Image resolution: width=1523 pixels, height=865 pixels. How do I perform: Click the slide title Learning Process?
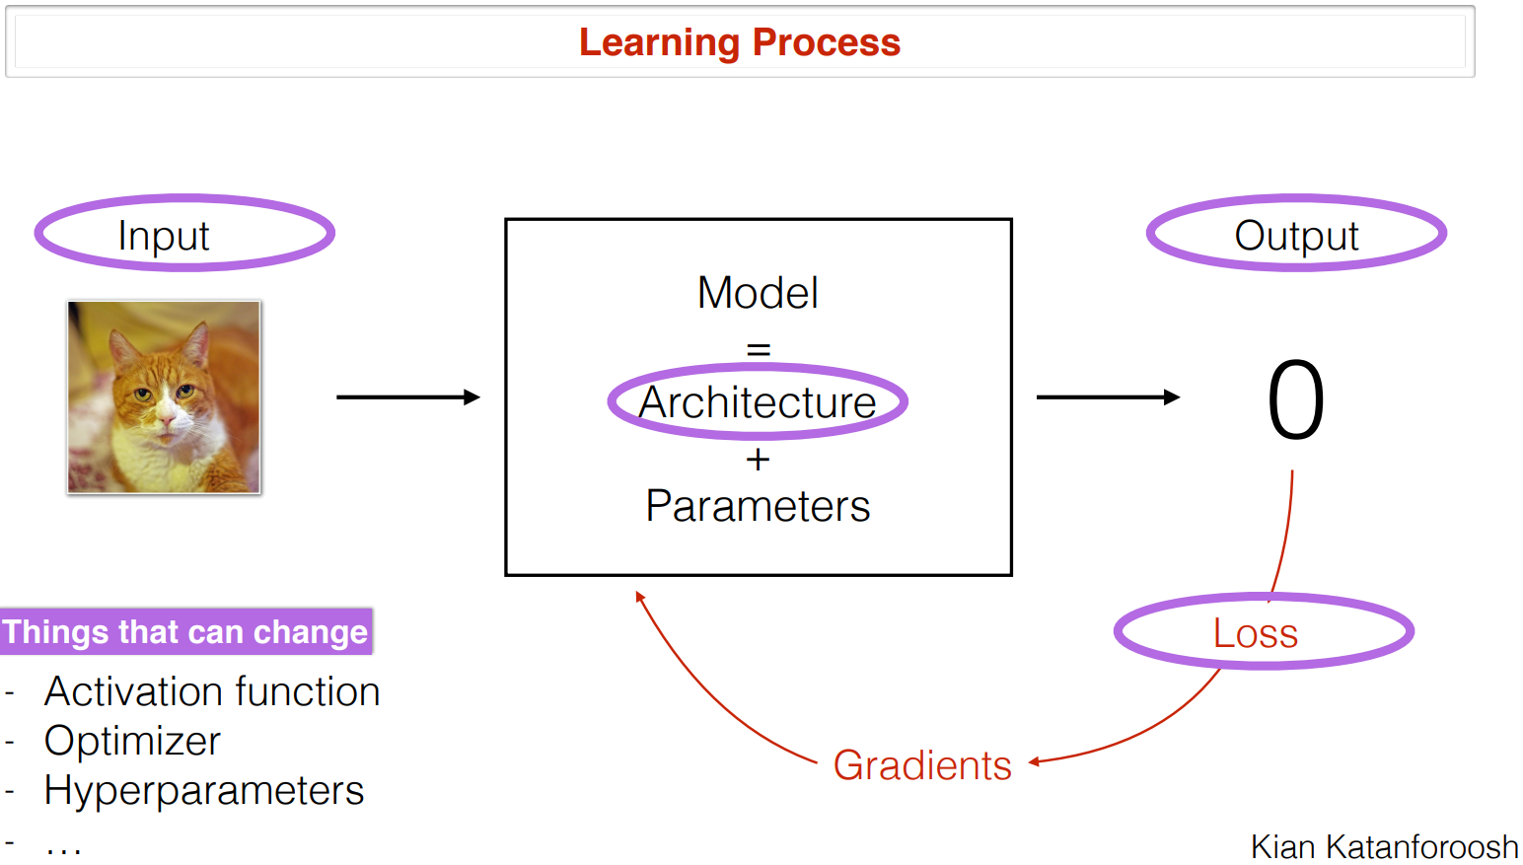pyautogui.click(x=739, y=42)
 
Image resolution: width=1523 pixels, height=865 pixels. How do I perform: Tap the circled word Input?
pyautogui.click(x=164, y=236)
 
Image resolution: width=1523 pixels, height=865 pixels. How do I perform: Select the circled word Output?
pyautogui.click(x=1296, y=236)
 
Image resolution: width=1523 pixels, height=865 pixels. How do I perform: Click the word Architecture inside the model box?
pyautogui.click(x=758, y=402)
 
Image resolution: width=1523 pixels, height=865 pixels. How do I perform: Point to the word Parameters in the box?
pyautogui.click(x=758, y=506)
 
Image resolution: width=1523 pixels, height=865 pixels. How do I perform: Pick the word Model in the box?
pyautogui.click(x=758, y=293)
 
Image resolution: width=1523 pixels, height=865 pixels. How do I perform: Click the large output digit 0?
pyautogui.click(x=1295, y=400)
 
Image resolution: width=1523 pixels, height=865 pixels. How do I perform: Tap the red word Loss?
pyautogui.click(x=1255, y=633)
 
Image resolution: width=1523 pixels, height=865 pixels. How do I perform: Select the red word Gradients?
pyautogui.click(x=922, y=765)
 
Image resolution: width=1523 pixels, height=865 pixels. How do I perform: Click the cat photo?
pyautogui.click(x=164, y=396)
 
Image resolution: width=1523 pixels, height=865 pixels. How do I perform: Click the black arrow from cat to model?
pyautogui.click(x=407, y=397)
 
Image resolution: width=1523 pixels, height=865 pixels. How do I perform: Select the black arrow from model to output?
pyautogui.click(x=1107, y=397)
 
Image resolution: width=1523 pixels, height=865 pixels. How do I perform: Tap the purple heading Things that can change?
pyautogui.click(x=184, y=631)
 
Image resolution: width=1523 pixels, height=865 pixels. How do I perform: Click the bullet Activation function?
pyautogui.click(x=212, y=691)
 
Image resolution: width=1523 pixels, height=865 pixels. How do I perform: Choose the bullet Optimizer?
pyautogui.click(x=132, y=741)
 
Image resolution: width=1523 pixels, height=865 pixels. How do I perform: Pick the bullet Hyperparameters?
pyautogui.click(x=204, y=790)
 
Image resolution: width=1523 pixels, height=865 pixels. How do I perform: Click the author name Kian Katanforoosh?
pyautogui.click(x=1384, y=846)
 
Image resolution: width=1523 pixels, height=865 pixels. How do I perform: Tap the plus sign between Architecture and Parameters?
pyautogui.click(x=758, y=460)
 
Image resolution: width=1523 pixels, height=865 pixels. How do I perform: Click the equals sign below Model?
pyautogui.click(x=758, y=349)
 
